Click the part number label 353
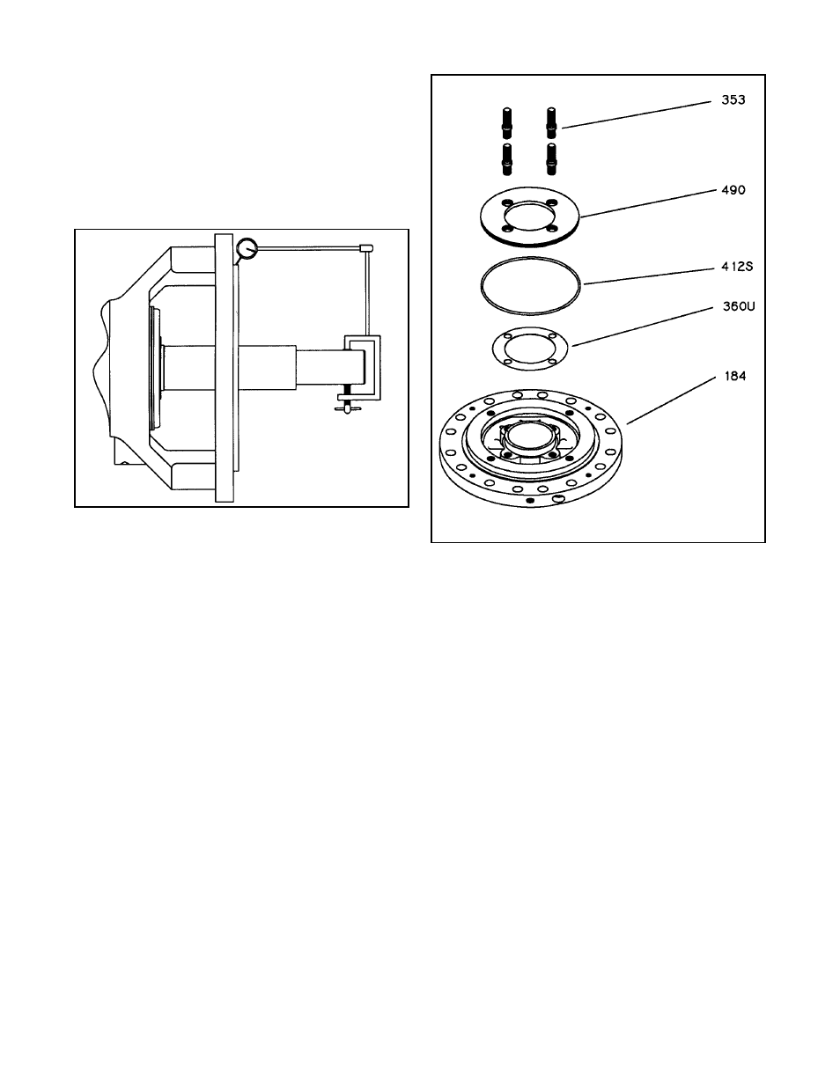[733, 100]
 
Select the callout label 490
[733, 190]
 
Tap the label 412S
[737, 267]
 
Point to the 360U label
[739, 306]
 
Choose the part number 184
[735, 376]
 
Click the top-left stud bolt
[507, 123]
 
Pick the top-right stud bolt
[551, 123]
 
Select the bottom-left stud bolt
[507, 159]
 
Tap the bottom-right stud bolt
[551, 159]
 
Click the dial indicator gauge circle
[247, 248]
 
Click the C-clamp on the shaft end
[362, 368]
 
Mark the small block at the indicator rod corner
[366, 248]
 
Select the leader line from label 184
[672, 400]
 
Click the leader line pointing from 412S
[649, 276]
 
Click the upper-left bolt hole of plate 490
[508, 202]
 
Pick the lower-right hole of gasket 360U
[552, 361]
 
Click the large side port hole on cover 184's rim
[559, 497]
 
